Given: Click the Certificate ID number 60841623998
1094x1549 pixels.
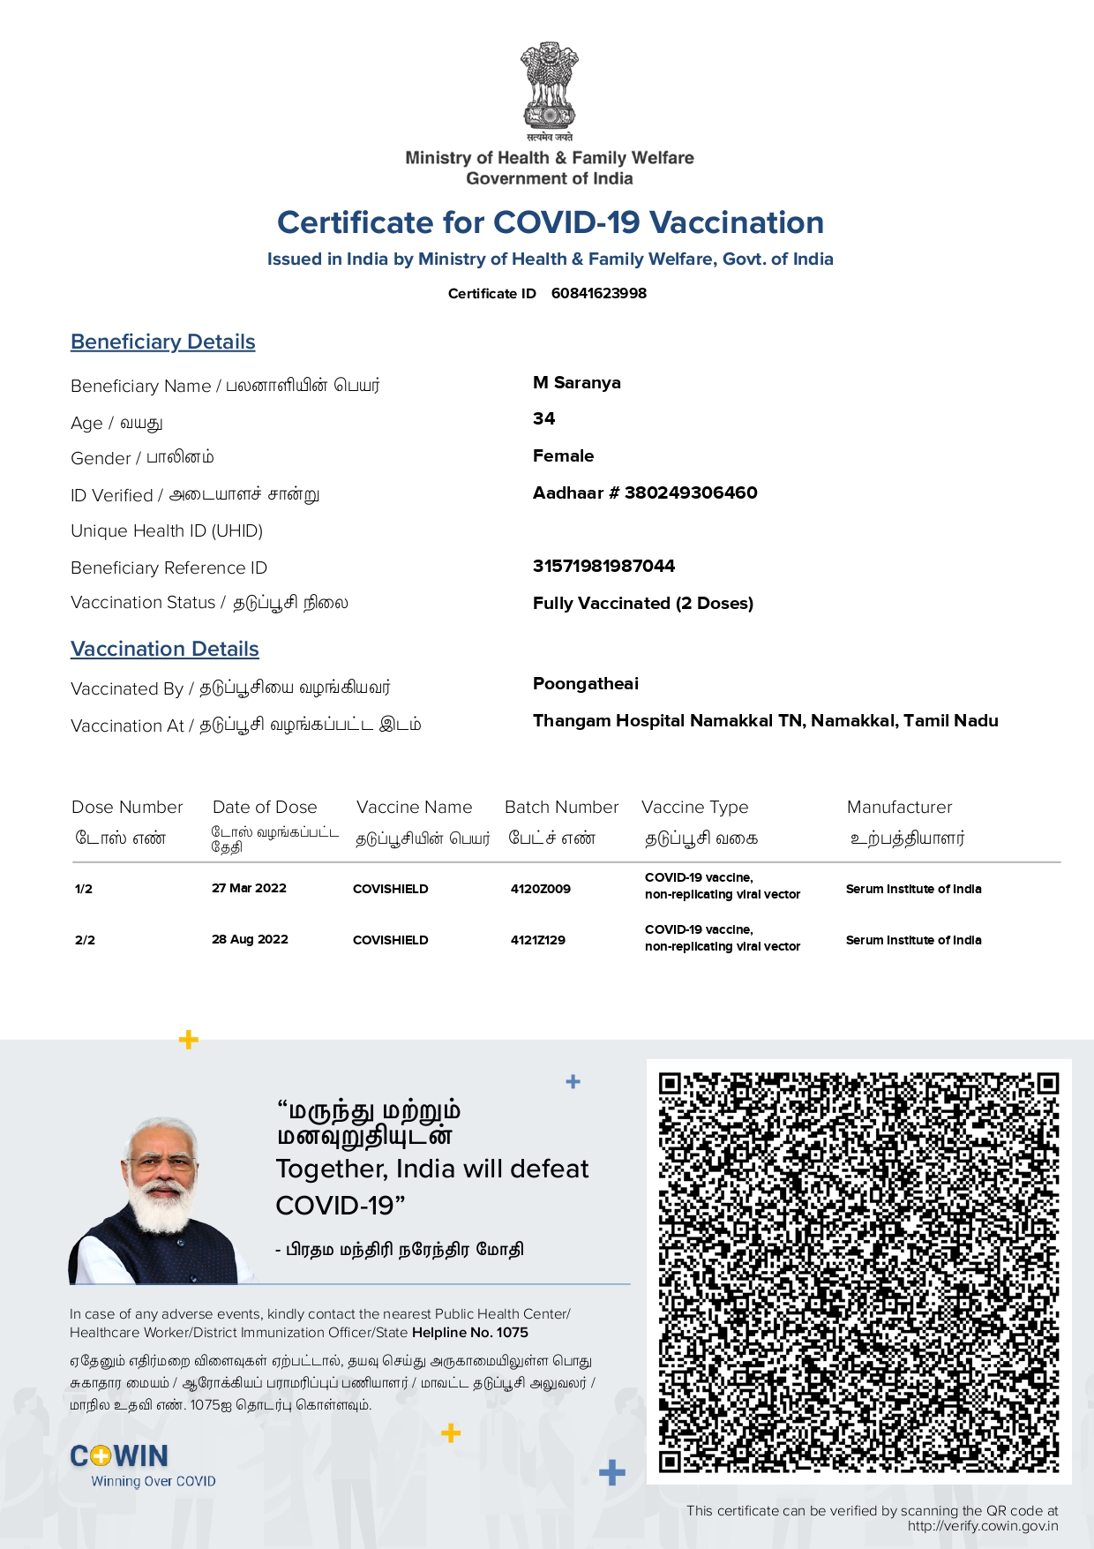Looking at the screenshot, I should point(598,293).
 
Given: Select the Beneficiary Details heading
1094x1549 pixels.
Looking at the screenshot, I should point(163,342).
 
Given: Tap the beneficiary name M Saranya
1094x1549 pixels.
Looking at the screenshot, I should point(577,382).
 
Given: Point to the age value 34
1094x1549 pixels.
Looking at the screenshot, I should point(544,418).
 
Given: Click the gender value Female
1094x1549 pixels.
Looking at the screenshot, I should point(563,455).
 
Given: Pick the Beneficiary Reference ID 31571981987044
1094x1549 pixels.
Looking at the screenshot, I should point(603,566).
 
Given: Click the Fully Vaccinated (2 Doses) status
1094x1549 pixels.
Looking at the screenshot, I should point(642,603).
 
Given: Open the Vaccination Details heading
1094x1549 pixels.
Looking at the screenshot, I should point(165,649).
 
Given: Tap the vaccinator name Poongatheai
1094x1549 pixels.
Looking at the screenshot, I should point(585,683).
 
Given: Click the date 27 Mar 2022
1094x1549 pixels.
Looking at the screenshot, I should point(249,888).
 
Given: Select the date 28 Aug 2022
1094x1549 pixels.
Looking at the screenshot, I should point(250,939).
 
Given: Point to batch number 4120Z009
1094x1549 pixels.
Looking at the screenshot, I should point(540,889).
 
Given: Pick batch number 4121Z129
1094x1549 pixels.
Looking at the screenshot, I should point(537,940).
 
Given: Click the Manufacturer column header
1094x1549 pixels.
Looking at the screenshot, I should point(899,807).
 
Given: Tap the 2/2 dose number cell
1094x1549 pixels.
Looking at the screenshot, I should point(85,940).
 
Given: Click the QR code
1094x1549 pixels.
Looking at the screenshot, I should point(858,1272).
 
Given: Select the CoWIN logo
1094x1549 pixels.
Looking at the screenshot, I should point(119,1456).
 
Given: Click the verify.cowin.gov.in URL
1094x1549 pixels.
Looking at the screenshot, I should point(982,1526).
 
